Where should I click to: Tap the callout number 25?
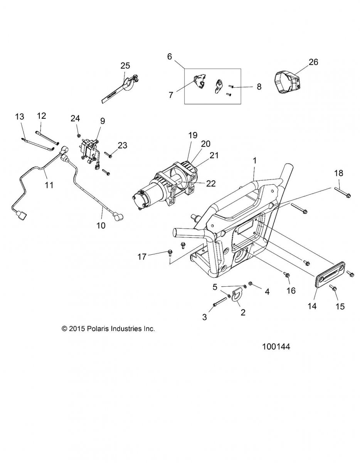pyautogui.click(x=125, y=66)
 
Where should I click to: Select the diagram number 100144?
pyautogui.click(x=276, y=346)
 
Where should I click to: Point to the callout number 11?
pyautogui.click(x=49, y=185)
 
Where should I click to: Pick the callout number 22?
pyautogui.click(x=211, y=183)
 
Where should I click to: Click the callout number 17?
pyautogui.click(x=142, y=257)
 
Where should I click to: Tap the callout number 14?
pyautogui.click(x=312, y=306)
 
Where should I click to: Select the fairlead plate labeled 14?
pyautogui.click(x=330, y=275)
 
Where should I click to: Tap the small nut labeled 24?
pyautogui.click(x=79, y=135)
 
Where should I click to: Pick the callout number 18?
pyautogui.click(x=339, y=173)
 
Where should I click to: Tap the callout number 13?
pyautogui.click(x=20, y=117)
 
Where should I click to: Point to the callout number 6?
pyautogui.click(x=169, y=57)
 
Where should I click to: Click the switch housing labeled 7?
pyautogui.click(x=200, y=81)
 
